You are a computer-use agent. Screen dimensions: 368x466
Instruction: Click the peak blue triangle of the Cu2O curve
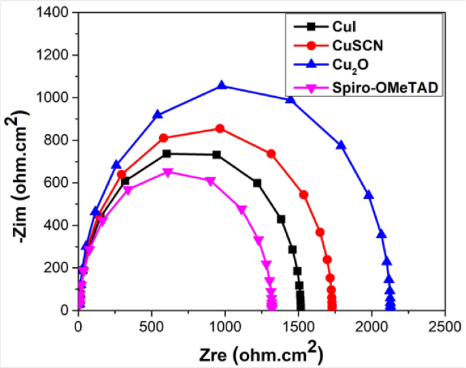pyautogui.click(x=222, y=85)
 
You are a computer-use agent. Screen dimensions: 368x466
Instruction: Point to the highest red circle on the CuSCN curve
pyautogui.click(x=220, y=128)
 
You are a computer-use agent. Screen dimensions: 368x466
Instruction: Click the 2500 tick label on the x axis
pyautogui.click(x=446, y=324)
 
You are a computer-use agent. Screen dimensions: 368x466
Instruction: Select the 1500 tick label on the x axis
pyautogui.click(x=298, y=324)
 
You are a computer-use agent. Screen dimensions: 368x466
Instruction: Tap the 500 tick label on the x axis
pyautogui.click(x=151, y=324)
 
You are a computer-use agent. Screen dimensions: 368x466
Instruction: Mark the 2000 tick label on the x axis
pyautogui.click(x=372, y=324)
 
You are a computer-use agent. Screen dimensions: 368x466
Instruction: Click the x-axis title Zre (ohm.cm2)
pyautogui.click(x=261, y=353)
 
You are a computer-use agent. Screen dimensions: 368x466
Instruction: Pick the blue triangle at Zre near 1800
pyautogui.click(x=341, y=145)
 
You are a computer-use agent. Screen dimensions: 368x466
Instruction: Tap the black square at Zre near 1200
pyautogui.click(x=257, y=183)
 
